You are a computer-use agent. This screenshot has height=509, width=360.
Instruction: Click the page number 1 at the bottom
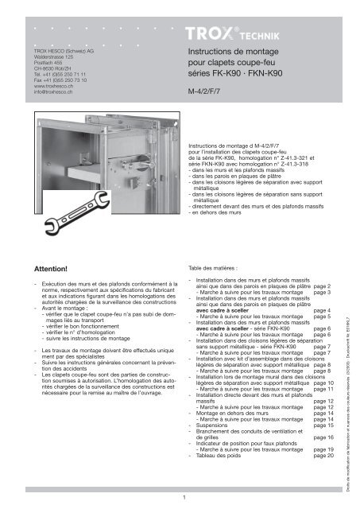click(x=184, y=498)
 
